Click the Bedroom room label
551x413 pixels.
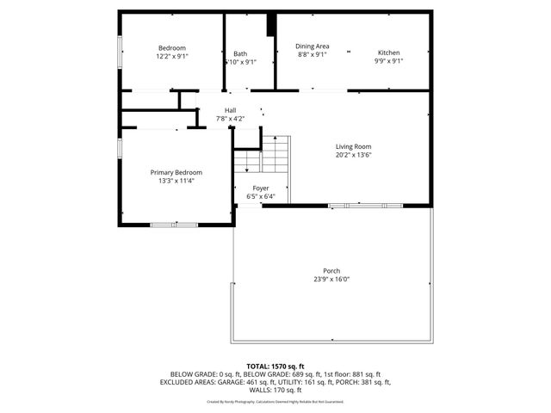(171, 48)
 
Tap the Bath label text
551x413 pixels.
(239, 53)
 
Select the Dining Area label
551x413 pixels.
(312, 46)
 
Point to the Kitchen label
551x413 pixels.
(388, 52)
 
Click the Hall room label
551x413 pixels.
(230, 110)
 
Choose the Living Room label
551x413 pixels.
(353, 146)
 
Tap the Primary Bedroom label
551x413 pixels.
(176, 172)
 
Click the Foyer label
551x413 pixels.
(260, 188)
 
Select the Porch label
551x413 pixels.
(331, 270)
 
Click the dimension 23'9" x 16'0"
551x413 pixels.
(331, 279)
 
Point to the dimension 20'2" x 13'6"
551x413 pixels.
(353, 155)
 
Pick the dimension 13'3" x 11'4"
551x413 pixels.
(176, 181)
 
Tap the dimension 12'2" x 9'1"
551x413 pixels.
(171, 57)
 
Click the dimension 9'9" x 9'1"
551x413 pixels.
(388, 61)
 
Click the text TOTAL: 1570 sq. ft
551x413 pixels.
(275, 367)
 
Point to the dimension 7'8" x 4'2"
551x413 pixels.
(230, 119)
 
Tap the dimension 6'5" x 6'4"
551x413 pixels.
(260, 196)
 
